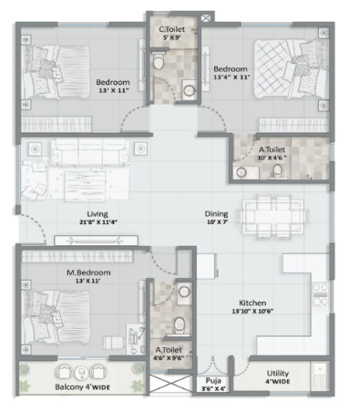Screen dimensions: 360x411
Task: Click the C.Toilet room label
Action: [171, 29]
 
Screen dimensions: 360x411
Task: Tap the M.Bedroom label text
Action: [88, 272]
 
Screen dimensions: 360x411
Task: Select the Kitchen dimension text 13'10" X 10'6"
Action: [252, 311]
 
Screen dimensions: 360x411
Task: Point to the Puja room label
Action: [213, 381]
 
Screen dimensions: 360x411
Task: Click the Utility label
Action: [278, 373]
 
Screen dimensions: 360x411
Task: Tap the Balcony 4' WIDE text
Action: [82, 387]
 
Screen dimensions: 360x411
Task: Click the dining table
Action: [273, 218]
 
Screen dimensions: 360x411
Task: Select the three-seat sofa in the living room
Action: [90, 151]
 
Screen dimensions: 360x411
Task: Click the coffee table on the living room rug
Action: [86, 186]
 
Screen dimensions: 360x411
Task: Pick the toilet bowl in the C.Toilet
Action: [159, 60]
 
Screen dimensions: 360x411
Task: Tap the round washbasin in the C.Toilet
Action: [190, 90]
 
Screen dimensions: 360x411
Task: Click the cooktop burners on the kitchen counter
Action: [320, 294]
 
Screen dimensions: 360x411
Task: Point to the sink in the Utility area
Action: [319, 376]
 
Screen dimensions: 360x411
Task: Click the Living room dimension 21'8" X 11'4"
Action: [98, 222]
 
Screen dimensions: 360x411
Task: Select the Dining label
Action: [216, 213]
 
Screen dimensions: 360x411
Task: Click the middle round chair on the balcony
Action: [81, 372]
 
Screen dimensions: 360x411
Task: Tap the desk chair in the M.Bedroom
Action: [113, 343]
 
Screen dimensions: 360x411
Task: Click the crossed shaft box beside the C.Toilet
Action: [206, 18]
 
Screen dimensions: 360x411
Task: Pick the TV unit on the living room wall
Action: [96, 241]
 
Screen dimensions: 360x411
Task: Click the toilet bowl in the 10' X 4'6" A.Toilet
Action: [277, 171]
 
